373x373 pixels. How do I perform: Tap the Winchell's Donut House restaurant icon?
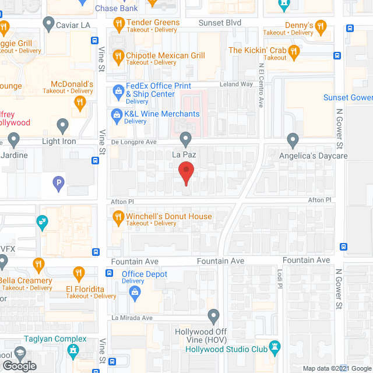coord(118,217)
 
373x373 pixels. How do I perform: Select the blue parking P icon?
coord(58,185)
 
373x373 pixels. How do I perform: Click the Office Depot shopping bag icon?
coord(135,292)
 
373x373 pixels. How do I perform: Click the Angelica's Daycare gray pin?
coord(293,140)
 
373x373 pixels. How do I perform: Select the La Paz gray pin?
coord(185,140)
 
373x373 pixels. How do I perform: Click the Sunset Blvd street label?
coord(220,23)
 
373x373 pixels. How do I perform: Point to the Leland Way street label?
coord(236,85)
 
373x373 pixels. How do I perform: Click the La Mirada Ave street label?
coord(132,318)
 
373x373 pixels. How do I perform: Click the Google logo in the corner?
coord(19,365)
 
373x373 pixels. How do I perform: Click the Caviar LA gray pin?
coord(48,24)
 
